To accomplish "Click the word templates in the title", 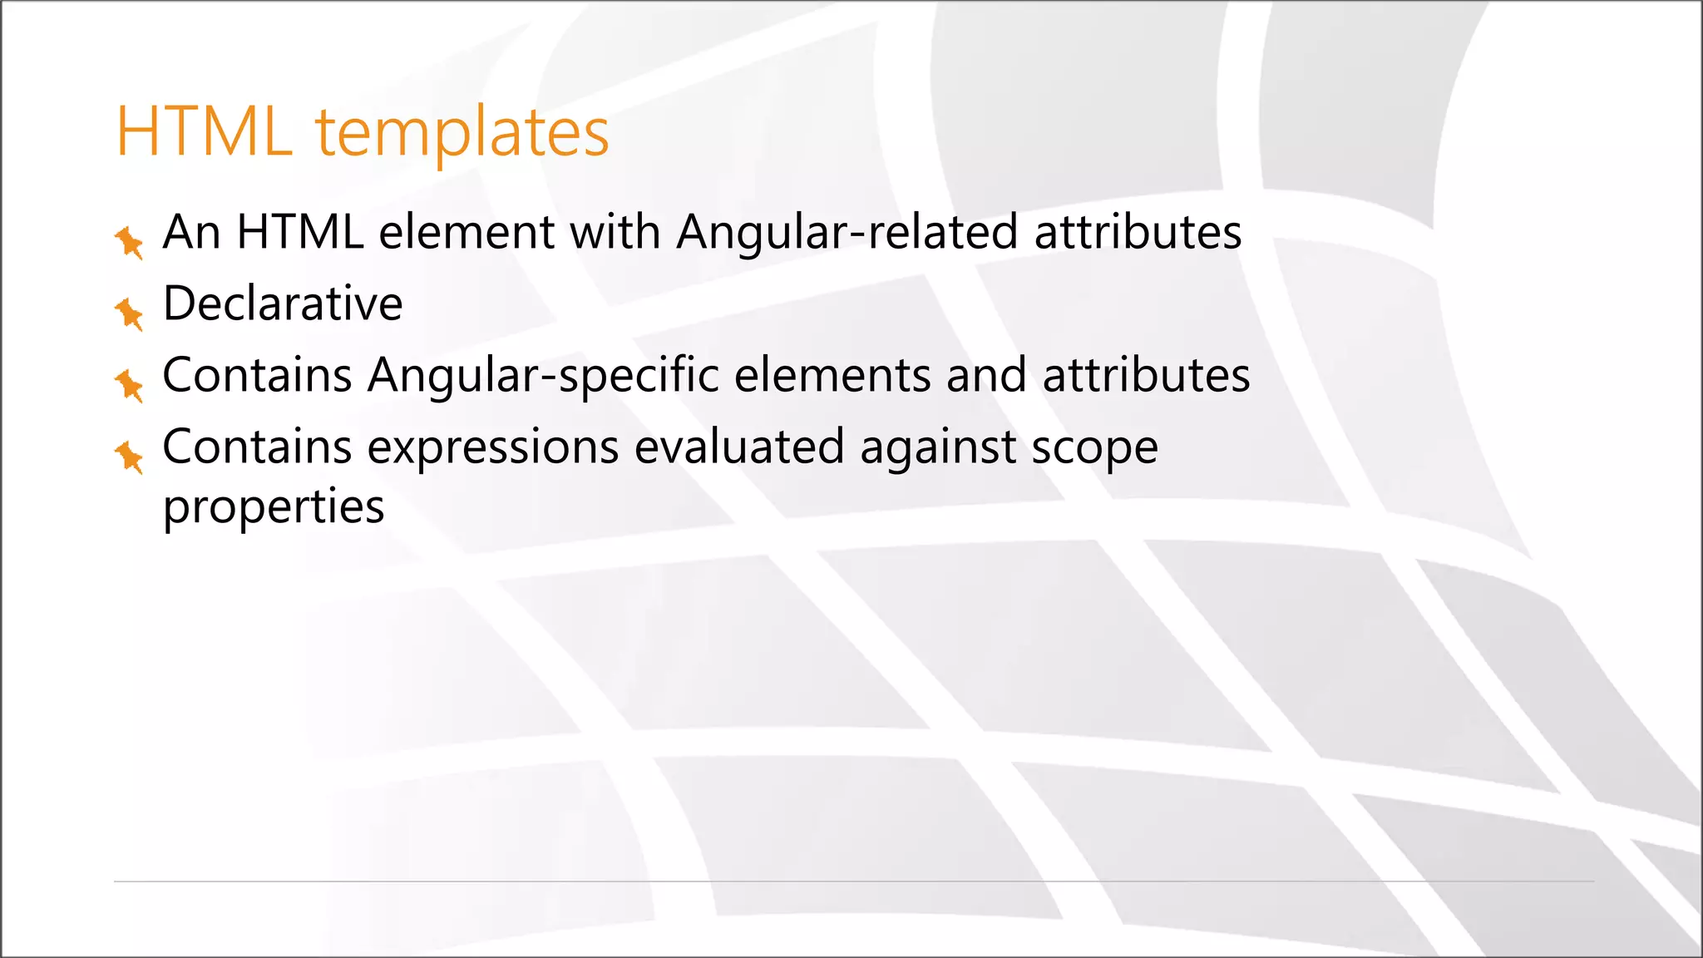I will coord(462,132).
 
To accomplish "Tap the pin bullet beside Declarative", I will coord(129,314).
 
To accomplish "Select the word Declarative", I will coord(283,304).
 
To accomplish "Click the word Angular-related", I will coord(847,232).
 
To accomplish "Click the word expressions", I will coord(493,447).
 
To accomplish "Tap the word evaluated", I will coord(739,447).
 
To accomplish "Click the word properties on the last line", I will coord(274,507).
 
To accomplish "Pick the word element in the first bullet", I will coord(466,232).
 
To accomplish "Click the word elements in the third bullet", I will coord(832,375).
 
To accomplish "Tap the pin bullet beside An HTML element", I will coord(129,242).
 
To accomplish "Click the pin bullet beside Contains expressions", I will coord(129,457).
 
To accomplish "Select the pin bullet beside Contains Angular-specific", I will coord(129,385).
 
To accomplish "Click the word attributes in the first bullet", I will coord(1138,232).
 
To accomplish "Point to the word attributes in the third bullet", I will coord(1146,375).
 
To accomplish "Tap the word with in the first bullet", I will coord(615,232).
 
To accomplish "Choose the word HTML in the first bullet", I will coord(300,232).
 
